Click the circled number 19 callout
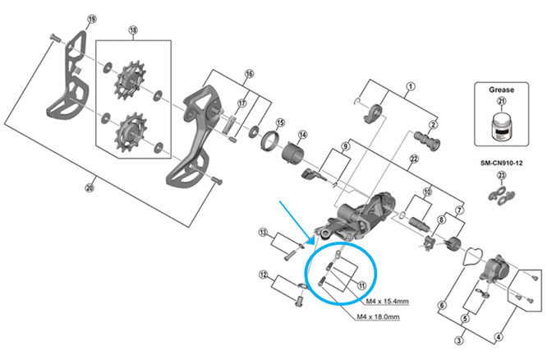[92, 19]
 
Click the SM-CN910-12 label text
[502, 161]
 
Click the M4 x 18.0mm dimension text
[379, 316]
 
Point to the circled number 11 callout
[361, 285]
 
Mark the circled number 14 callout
[302, 136]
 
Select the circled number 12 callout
[262, 275]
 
